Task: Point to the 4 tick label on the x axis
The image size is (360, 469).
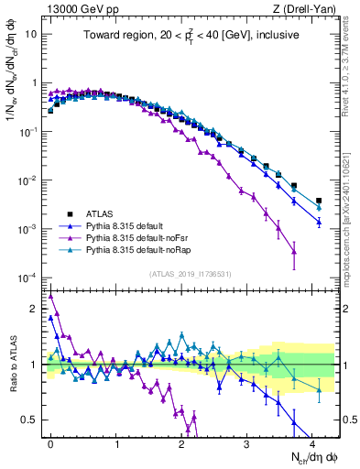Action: [312, 442]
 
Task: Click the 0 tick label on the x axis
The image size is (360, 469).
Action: [50, 442]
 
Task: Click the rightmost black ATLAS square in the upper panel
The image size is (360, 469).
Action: [319, 201]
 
